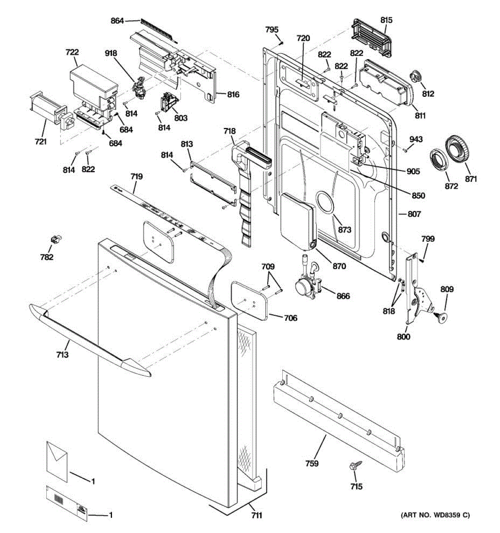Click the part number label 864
[x=117, y=21]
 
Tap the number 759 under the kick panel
[x=312, y=463]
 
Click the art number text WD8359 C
[x=435, y=515]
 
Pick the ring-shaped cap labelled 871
[x=458, y=151]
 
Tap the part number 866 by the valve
[x=343, y=296]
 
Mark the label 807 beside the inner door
[x=414, y=214]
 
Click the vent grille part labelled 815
[x=371, y=38]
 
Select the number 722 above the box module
[x=72, y=52]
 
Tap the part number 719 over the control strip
[x=136, y=177]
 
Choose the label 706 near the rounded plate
[x=291, y=318]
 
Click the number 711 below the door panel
[x=256, y=515]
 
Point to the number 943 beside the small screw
[x=416, y=140]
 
